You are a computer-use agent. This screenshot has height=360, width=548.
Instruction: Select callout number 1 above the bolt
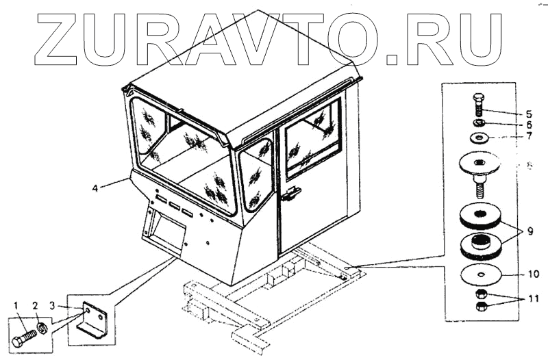pos(14,304)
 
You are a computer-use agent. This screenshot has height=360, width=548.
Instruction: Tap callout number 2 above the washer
pos(36,304)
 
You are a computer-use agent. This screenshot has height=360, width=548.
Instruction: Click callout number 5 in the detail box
pos(528,113)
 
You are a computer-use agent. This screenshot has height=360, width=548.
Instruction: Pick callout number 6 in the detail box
pos(528,125)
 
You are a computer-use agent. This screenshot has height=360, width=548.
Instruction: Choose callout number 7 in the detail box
pos(528,138)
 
